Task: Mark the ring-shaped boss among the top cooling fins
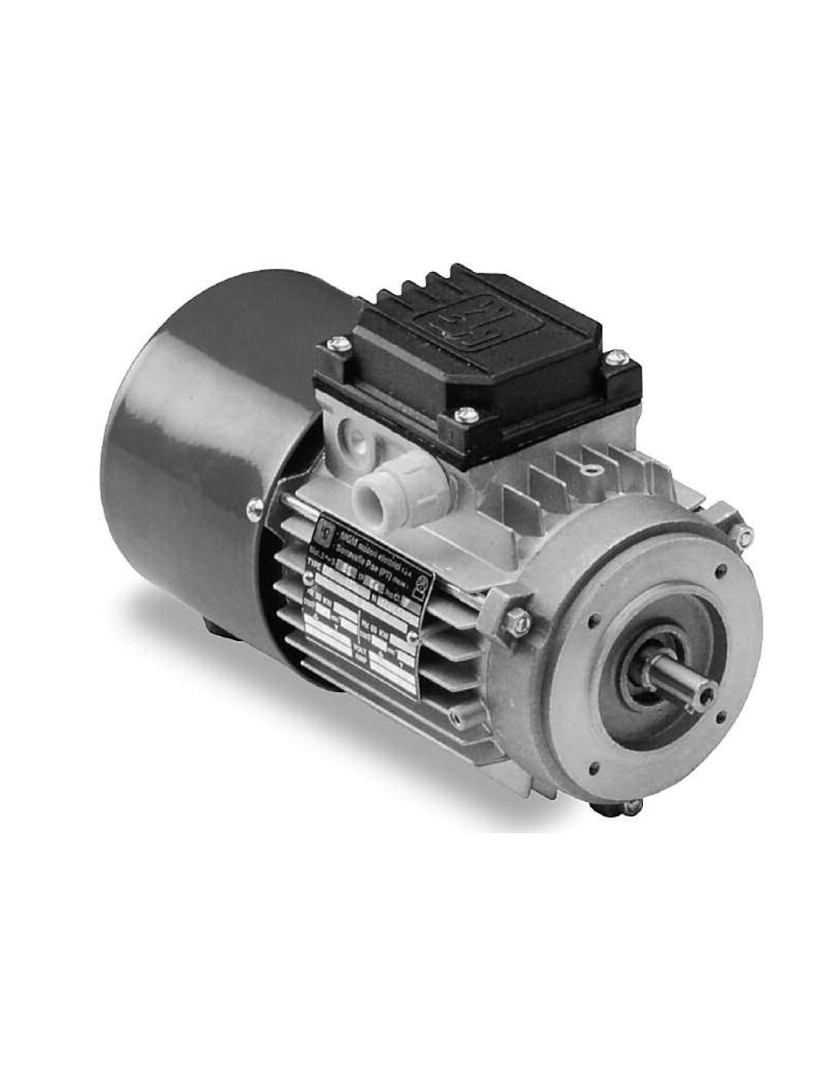(590, 462)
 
